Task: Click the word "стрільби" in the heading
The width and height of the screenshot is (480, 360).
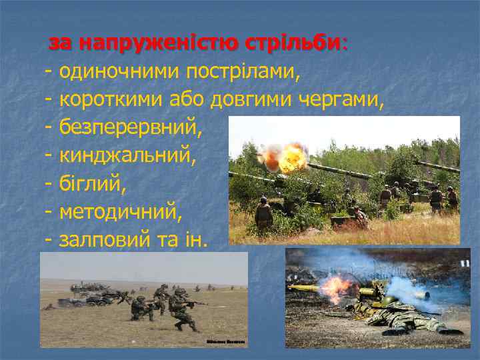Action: [x=295, y=43]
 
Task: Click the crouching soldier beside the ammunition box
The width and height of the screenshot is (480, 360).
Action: [x=361, y=217]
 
